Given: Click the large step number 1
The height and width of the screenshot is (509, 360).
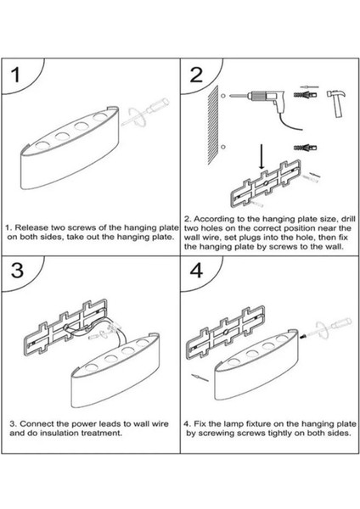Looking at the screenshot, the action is point(15,76).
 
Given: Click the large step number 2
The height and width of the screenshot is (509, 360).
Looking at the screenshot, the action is point(196,76).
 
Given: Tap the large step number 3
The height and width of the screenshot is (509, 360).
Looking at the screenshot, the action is point(17,270).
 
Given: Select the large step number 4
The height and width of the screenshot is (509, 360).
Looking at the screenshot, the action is point(197,270).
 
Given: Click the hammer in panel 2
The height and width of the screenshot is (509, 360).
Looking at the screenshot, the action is point(336,103).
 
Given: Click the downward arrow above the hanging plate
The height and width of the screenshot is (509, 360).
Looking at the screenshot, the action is point(262,156).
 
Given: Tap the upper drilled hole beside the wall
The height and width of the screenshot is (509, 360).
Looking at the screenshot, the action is point(223,96).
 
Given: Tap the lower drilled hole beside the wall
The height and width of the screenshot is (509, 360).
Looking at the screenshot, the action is point(223,147).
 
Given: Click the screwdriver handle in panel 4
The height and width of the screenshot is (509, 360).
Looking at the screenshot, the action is point(342,322).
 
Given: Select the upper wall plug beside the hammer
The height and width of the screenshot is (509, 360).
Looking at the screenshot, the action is point(305,95).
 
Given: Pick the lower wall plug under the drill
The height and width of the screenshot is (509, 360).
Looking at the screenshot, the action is point(305,148).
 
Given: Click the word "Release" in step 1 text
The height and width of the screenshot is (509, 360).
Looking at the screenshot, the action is point(31,227).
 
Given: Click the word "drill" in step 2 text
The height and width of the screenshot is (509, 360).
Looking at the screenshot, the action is point(349,219).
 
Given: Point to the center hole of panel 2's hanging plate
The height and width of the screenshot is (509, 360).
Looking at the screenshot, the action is point(266,183).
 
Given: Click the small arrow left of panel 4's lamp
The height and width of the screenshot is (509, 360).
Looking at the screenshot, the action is point(200,378).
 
